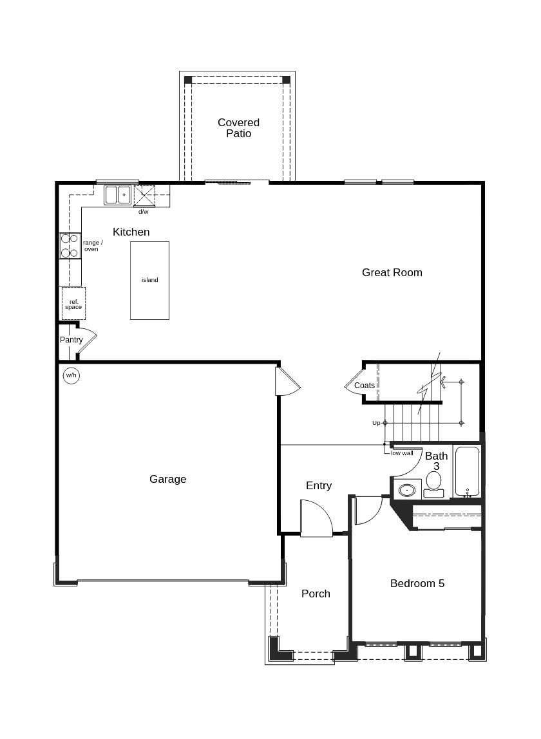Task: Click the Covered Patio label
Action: click(238, 127)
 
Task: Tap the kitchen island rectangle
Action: click(149, 280)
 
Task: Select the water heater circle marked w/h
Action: click(71, 375)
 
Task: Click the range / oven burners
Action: click(70, 246)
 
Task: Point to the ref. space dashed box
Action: click(73, 304)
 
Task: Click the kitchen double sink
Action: click(117, 195)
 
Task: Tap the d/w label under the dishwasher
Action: click(143, 212)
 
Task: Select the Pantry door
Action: click(86, 340)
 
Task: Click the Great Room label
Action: click(392, 272)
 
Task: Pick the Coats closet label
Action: click(364, 386)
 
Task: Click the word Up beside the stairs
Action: click(376, 423)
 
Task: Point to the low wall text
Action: click(402, 453)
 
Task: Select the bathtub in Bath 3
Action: click(467, 471)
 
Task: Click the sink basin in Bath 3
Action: click(407, 490)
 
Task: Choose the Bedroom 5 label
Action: click(417, 583)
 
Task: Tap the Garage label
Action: click(167, 479)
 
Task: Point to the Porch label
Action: click(316, 594)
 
